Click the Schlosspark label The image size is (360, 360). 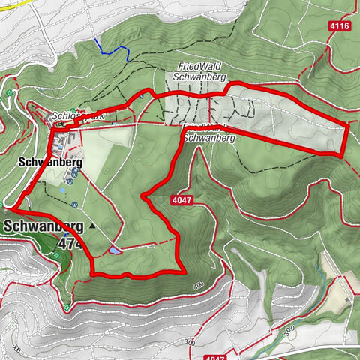click(x=71, y=118)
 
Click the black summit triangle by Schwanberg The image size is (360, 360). click(x=93, y=225)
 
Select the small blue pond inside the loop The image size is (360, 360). click(x=112, y=250)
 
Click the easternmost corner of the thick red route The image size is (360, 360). click(x=349, y=124)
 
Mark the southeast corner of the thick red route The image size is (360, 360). click(x=183, y=271)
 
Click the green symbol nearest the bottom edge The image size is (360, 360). click(x=66, y=307)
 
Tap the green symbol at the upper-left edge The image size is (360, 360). click(x=9, y=93)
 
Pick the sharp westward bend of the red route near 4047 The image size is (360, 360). click(x=143, y=196)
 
